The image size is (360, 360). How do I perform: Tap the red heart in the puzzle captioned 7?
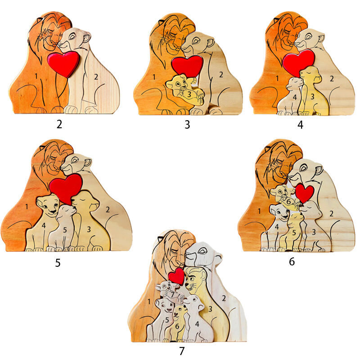177,276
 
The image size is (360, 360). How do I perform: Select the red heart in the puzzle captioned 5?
66,187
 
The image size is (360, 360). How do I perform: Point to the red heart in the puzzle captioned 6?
305,193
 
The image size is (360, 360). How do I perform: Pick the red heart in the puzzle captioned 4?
298,62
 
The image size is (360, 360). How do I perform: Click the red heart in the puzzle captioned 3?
187,66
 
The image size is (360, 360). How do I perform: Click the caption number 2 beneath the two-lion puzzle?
59,124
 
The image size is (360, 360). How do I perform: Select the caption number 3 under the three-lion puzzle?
187,125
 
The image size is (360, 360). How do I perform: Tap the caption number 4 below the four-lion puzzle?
300,125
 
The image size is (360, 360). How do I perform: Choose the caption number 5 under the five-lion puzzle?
58,262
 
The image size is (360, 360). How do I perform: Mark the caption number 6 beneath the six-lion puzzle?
292,261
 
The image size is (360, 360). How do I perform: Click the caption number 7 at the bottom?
182,351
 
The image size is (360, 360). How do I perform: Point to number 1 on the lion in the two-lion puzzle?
36,76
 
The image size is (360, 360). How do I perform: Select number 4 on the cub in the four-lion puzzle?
295,97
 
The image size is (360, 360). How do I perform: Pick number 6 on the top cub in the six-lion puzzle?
288,202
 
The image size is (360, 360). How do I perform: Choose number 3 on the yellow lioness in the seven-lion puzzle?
209,309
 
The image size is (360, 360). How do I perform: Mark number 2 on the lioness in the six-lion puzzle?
331,214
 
